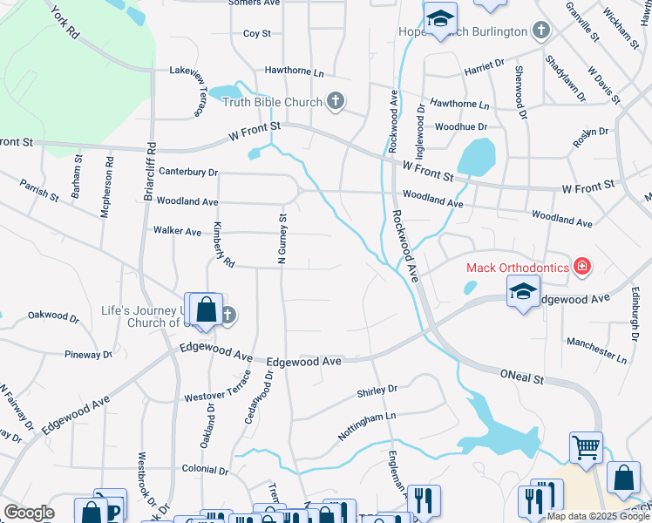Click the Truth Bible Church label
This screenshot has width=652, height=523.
pos(272,103)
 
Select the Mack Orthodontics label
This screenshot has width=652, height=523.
pos(518,267)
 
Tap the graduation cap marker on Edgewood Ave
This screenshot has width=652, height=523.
pos(523,292)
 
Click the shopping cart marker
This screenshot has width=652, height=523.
pos(586,448)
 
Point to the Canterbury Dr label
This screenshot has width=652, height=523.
pos(188,173)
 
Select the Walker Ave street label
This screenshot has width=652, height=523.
pos(177,231)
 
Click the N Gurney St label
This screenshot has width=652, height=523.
pos(282,239)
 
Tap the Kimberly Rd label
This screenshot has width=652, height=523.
pos(223,245)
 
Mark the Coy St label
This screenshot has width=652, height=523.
pos(257,34)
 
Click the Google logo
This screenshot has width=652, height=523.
pos(29,512)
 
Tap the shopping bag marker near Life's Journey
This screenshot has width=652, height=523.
pos(206,310)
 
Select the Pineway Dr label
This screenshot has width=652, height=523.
pos(89,355)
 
